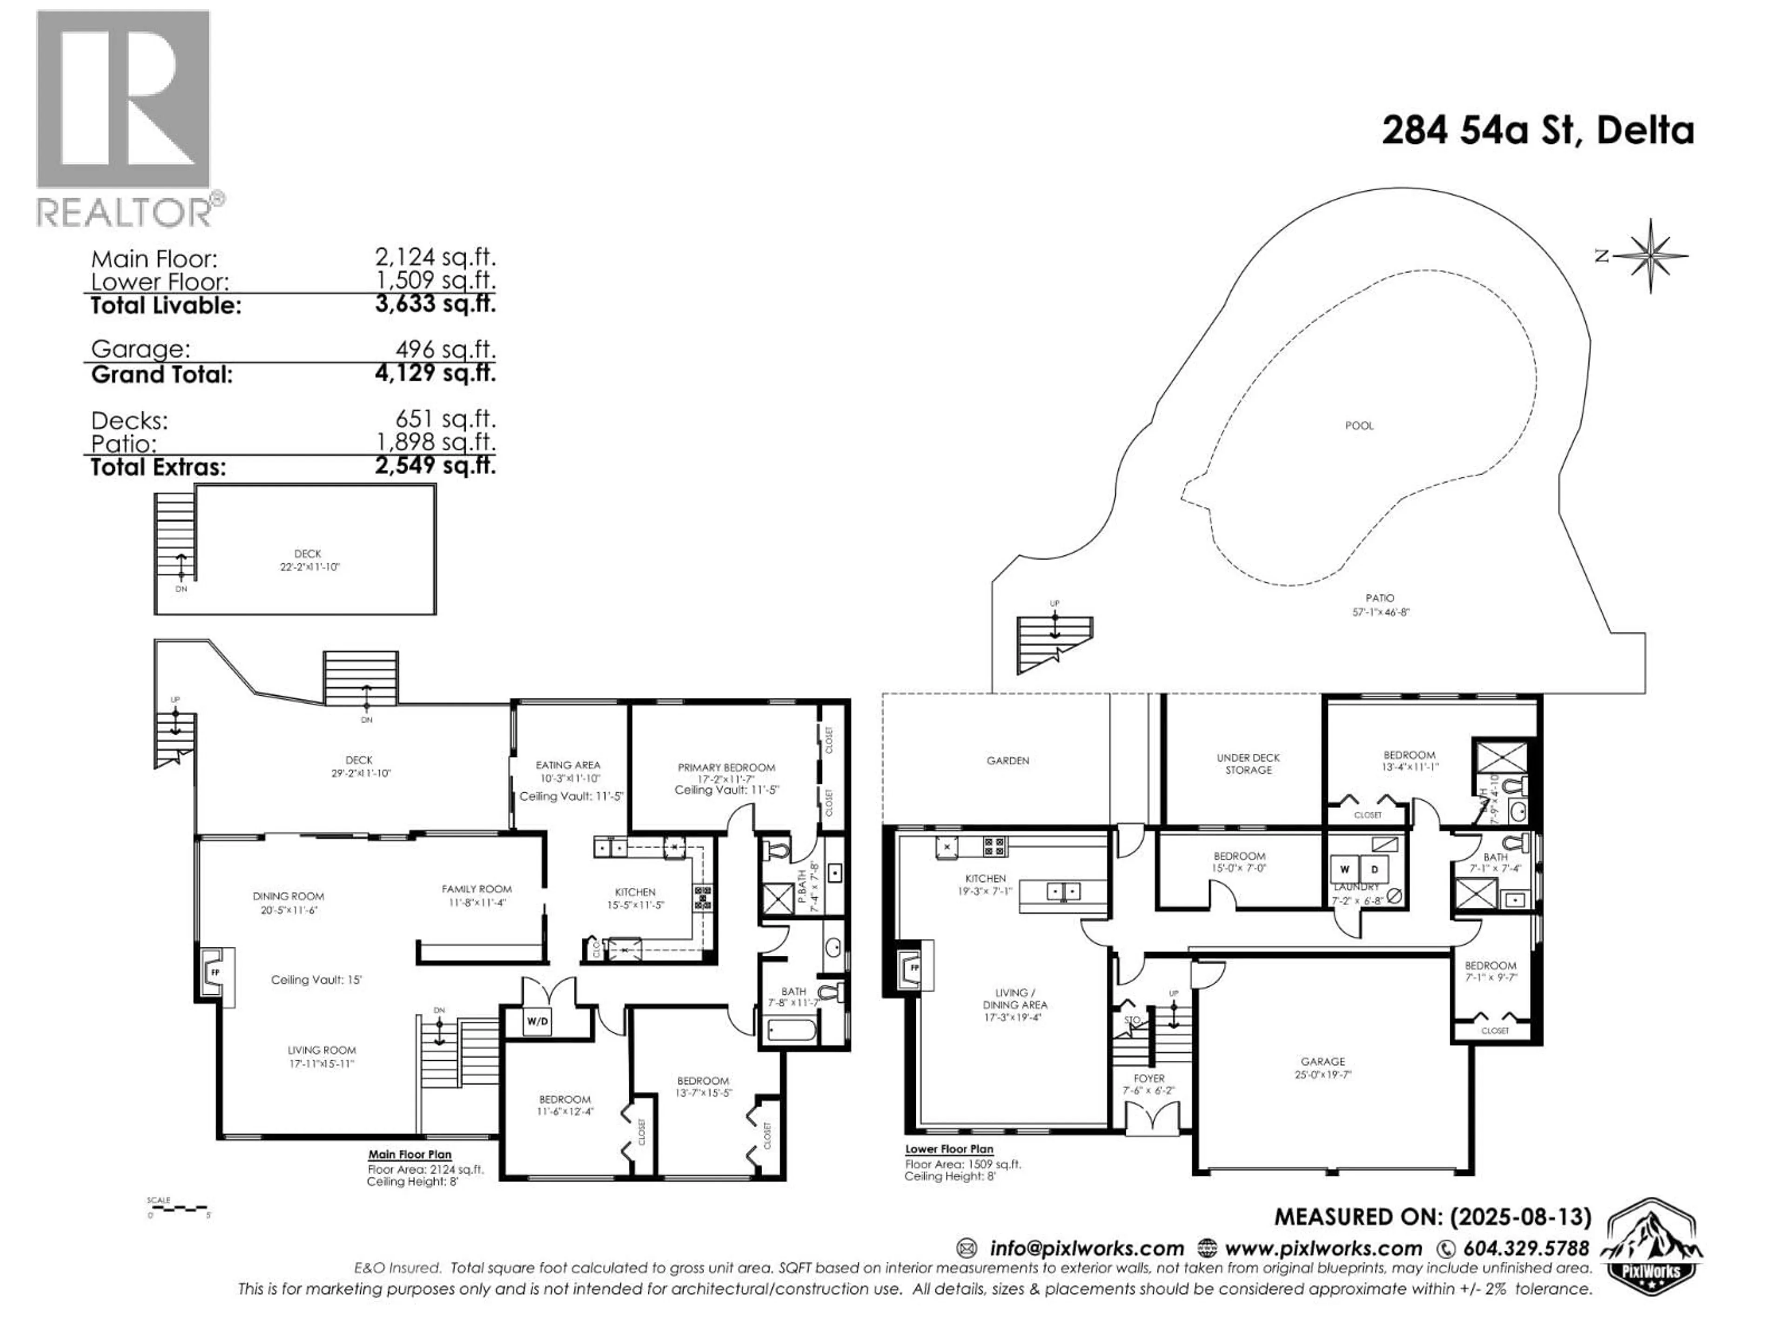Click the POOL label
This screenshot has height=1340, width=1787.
[x=1359, y=426]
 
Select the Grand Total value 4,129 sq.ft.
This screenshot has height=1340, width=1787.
[x=435, y=373]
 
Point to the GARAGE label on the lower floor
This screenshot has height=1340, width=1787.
[x=1323, y=1061]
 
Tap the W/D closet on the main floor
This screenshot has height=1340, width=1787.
[x=537, y=1021]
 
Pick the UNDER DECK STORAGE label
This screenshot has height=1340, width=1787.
[x=1248, y=764]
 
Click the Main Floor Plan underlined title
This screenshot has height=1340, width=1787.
[x=410, y=1154]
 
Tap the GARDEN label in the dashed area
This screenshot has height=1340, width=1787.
[x=1008, y=760]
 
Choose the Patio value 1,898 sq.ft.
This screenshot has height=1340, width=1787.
[x=435, y=442]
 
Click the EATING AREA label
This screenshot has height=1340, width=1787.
[x=568, y=765]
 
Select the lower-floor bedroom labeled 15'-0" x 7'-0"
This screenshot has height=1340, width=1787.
[x=1238, y=861]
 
